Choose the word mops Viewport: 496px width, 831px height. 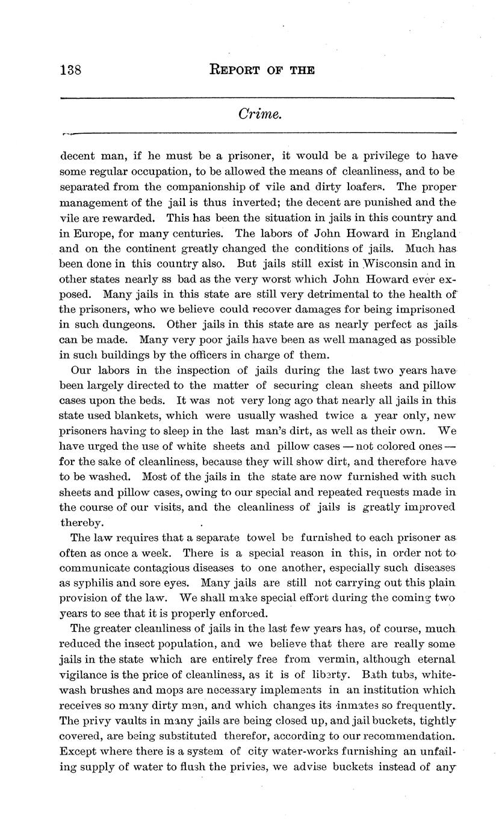171,690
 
